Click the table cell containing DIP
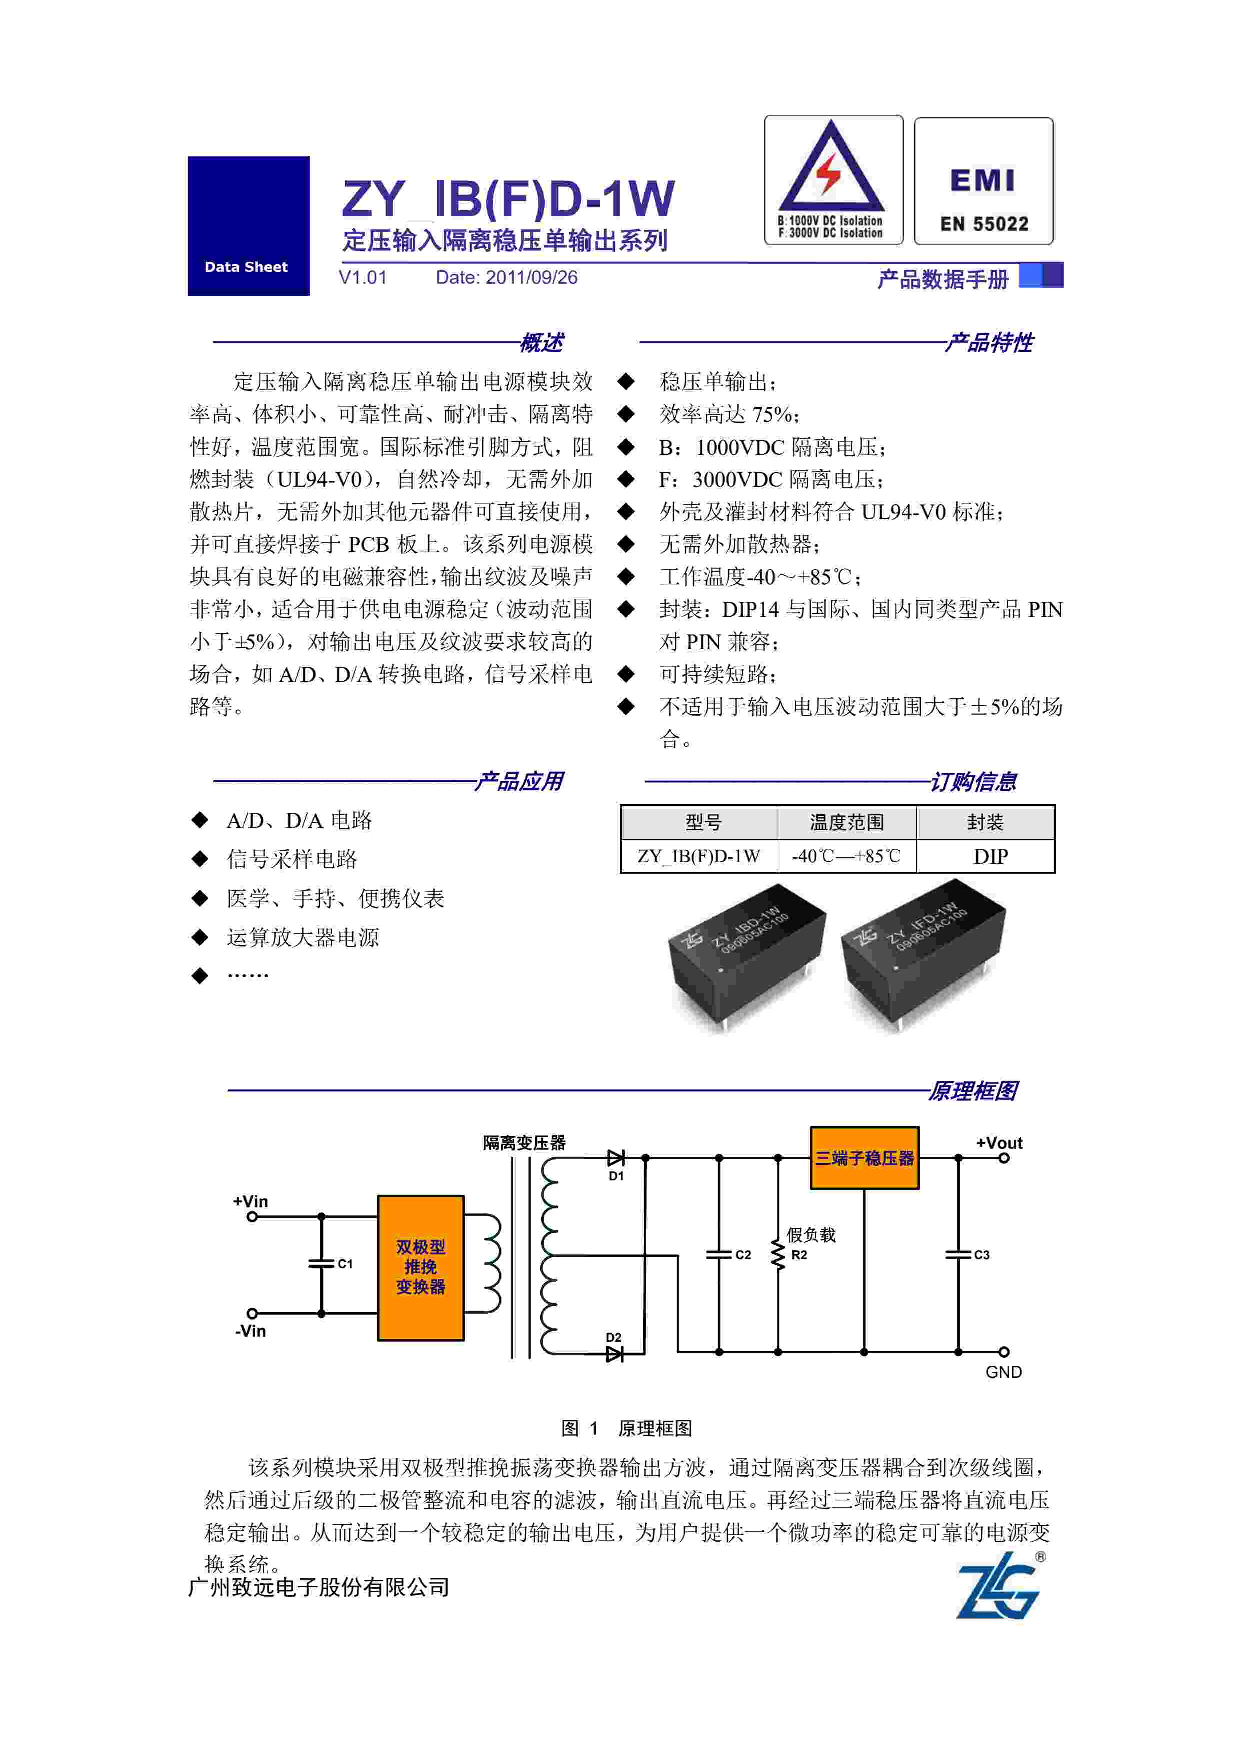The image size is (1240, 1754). point(990,856)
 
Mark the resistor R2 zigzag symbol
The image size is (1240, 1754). point(778,1255)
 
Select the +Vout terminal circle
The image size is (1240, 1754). point(1004,1158)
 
